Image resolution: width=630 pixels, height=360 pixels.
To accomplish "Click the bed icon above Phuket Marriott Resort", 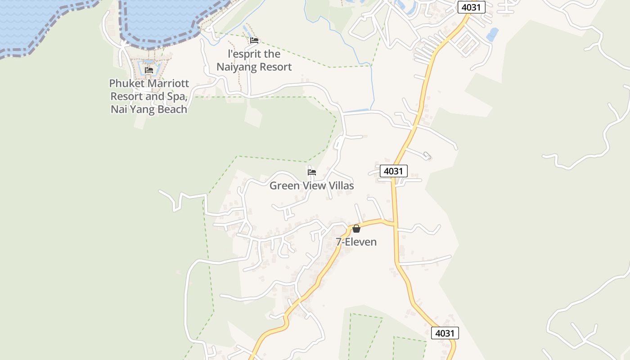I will click(x=149, y=70).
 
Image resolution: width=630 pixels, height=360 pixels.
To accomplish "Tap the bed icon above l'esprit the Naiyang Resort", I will click(x=254, y=40).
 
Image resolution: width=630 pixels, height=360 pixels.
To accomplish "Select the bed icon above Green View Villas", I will click(x=311, y=172).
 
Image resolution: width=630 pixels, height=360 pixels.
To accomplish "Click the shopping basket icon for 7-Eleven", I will click(x=356, y=229).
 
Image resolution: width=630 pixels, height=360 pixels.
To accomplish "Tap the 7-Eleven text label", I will click(x=356, y=242).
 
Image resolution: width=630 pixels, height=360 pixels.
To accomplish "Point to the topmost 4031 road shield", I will click(x=472, y=7).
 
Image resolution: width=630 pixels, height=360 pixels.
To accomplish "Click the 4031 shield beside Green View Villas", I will click(x=393, y=171).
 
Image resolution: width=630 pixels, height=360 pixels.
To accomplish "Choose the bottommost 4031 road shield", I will click(x=445, y=333).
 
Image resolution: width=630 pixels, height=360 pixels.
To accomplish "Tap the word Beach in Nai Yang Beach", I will click(x=169, y=109).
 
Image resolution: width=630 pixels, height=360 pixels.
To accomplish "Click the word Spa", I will click(x=176, y=96).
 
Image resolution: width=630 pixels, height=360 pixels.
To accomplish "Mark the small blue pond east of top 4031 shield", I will click(x=493, y=34).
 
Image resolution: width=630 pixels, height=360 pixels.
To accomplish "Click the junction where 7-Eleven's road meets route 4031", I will click(x=394, y=222).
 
